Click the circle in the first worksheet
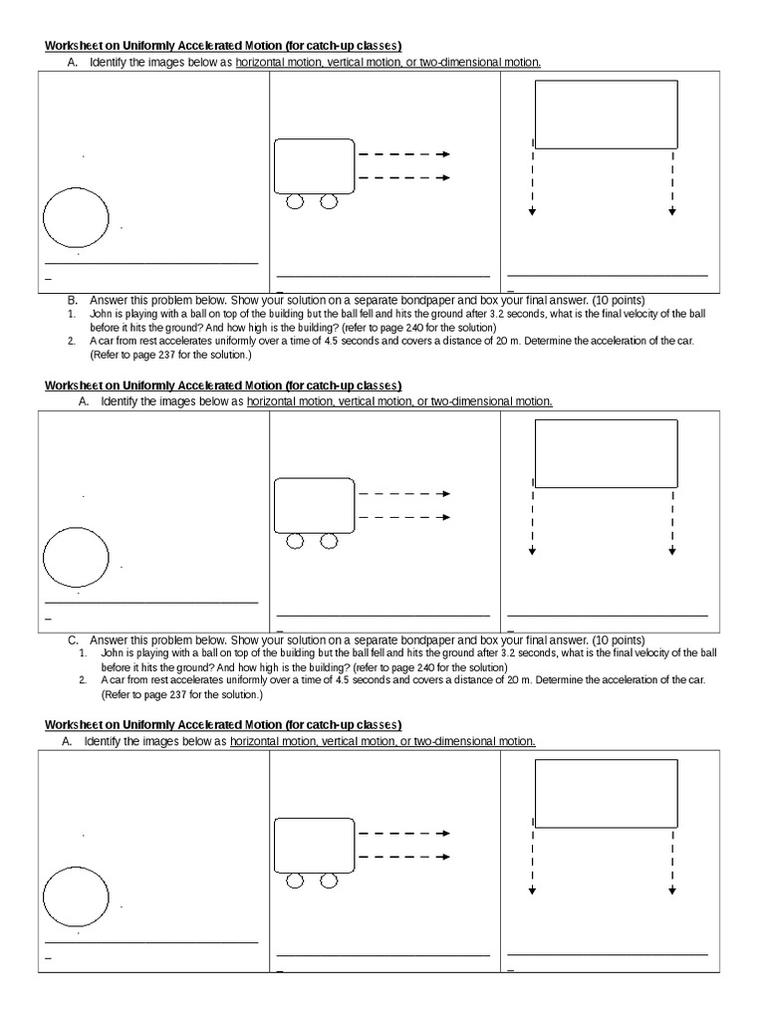77,217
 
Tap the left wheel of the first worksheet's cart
296,202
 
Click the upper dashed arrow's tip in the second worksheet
445,494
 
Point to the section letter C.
73,639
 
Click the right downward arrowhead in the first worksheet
672,212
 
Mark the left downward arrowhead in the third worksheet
533,890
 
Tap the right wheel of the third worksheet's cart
328,881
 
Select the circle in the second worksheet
77,556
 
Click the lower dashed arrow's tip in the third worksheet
445,856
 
